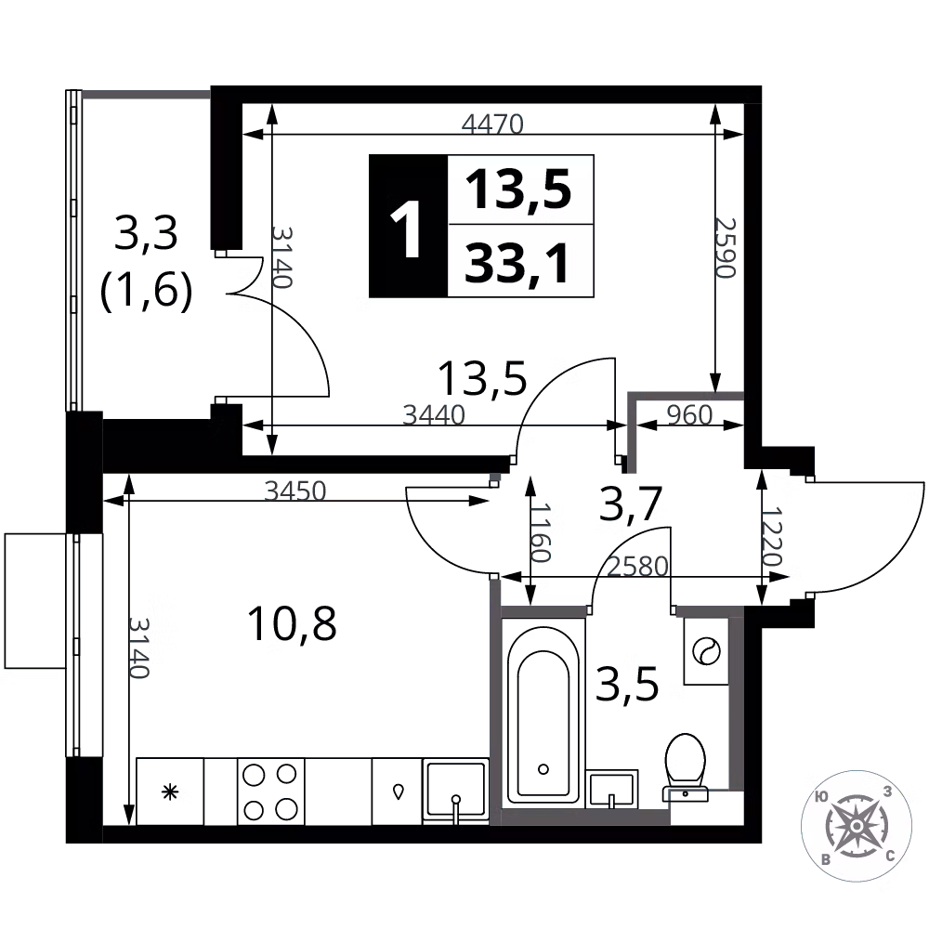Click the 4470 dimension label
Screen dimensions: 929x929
click(492, 124)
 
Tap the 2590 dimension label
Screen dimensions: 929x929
click(726, 248)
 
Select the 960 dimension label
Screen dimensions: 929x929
click(689, 415)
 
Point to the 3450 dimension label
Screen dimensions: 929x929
click(295, 491)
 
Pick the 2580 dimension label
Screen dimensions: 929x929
click(638, 567)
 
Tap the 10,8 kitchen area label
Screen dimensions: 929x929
click(292, 623)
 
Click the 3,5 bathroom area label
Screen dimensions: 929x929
click(627, 685)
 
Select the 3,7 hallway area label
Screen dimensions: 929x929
click(631, 504)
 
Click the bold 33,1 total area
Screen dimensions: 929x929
click(517, 263)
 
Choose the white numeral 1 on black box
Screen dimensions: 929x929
click(407, 229)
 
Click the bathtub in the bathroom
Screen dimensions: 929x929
click(543, 713)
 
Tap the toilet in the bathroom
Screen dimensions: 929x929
click(686, 766)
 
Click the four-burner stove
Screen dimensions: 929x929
click(270, 792)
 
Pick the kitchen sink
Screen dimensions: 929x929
click(455, 791)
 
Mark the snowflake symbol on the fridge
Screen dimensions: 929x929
click(170, 792)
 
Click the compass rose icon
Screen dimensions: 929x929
click(857, 825)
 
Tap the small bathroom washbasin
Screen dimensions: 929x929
click(611, 789)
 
